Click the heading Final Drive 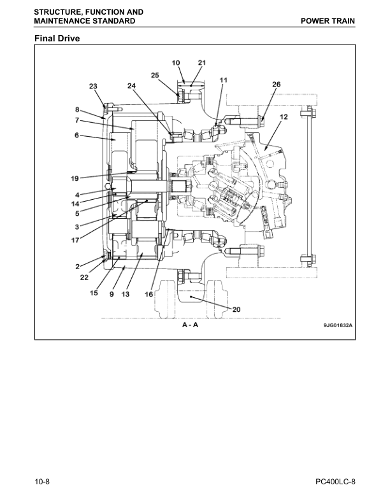(x=59, y=39)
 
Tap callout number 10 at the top (x=176, y=62)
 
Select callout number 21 (x=201, y=62)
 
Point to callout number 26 (x=276, y=84)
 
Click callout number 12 (x=284, y=117)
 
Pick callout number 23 (x=93, y=86)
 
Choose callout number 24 (x=131, y=85)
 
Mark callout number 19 (x=75, y=178)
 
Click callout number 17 (x=75, y=240)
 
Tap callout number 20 (x=236, y=310)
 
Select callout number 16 (x=148, y=295)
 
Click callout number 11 (x=223, y=80)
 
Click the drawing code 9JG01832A (x=338, y=325)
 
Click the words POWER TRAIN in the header (x=329, y=21)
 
